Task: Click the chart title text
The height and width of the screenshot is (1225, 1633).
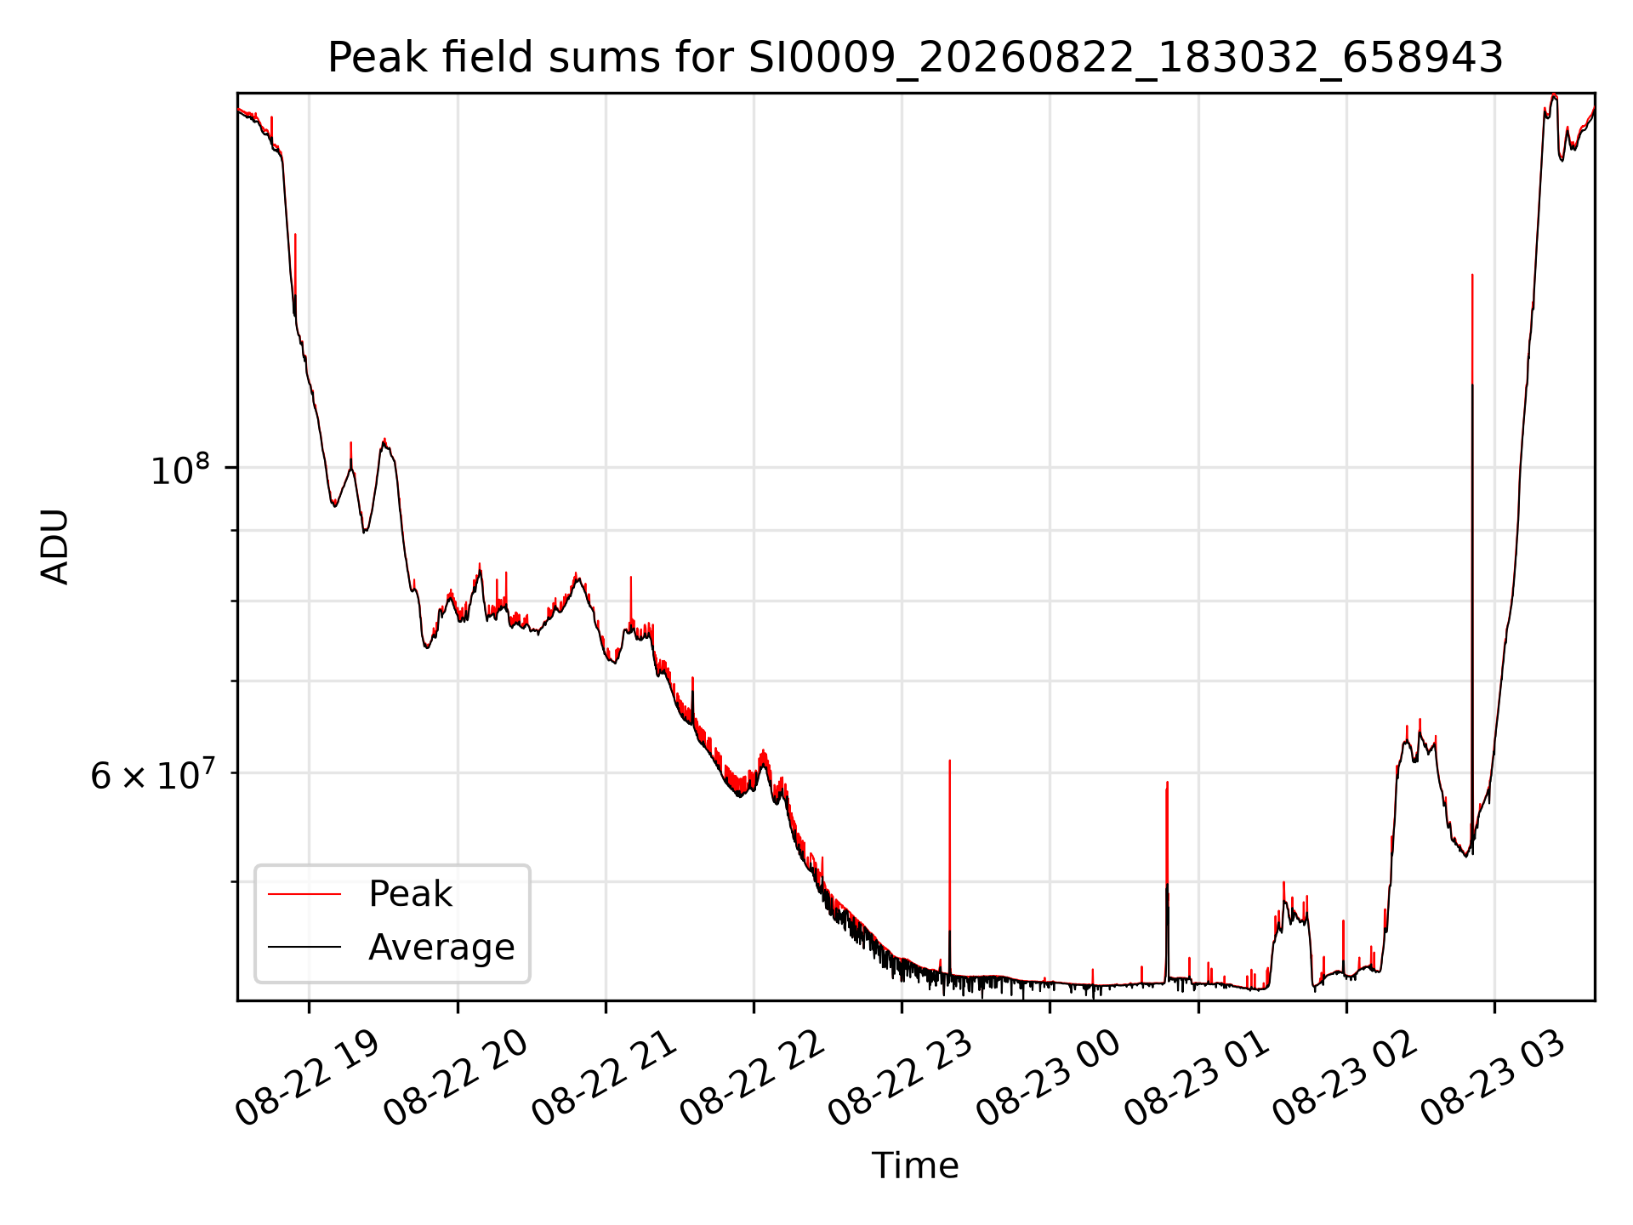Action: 915,58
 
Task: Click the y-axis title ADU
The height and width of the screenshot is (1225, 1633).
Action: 55,546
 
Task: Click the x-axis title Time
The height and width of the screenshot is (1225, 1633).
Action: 915,1165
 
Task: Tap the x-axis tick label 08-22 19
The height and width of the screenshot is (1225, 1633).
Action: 308,1078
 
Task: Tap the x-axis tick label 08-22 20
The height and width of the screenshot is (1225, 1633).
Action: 457,1078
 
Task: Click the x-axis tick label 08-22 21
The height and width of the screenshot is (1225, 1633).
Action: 605,1078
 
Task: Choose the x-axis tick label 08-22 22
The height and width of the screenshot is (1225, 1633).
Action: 754,1078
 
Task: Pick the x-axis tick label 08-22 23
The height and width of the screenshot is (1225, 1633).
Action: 902,1078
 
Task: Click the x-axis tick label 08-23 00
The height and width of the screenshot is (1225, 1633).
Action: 1050,1078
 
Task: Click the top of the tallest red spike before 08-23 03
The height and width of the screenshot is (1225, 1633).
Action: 1472,275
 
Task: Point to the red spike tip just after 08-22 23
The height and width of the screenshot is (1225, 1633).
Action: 949,761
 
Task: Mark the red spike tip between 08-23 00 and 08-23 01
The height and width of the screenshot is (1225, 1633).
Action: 1167,782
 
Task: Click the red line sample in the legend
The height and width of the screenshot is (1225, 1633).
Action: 304,894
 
